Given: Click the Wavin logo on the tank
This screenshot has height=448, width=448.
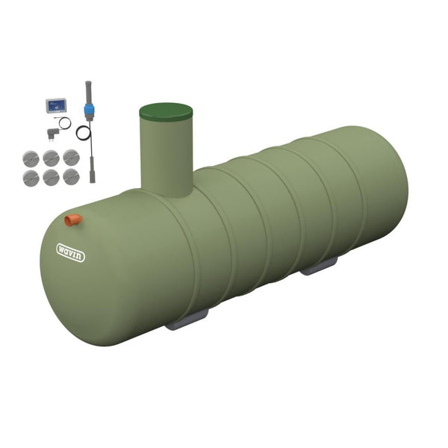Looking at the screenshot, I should point(71,252).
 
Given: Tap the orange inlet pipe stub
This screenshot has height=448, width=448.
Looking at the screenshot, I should point(73,220).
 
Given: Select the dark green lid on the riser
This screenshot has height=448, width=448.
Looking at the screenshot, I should point(166,112).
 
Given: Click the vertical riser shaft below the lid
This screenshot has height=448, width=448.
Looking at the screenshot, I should point(167,157).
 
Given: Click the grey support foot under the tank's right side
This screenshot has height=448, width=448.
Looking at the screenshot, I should point(320,267).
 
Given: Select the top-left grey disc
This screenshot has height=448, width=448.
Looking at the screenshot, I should point(31,158).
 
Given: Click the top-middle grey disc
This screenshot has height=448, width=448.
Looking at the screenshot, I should point(51,158).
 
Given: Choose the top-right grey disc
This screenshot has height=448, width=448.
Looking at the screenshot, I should point(70,157).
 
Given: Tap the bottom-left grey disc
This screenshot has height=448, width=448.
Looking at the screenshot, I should point(31,177).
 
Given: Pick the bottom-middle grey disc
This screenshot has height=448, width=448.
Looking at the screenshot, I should point(51,177).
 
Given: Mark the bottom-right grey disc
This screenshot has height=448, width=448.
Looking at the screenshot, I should point(70,176).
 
